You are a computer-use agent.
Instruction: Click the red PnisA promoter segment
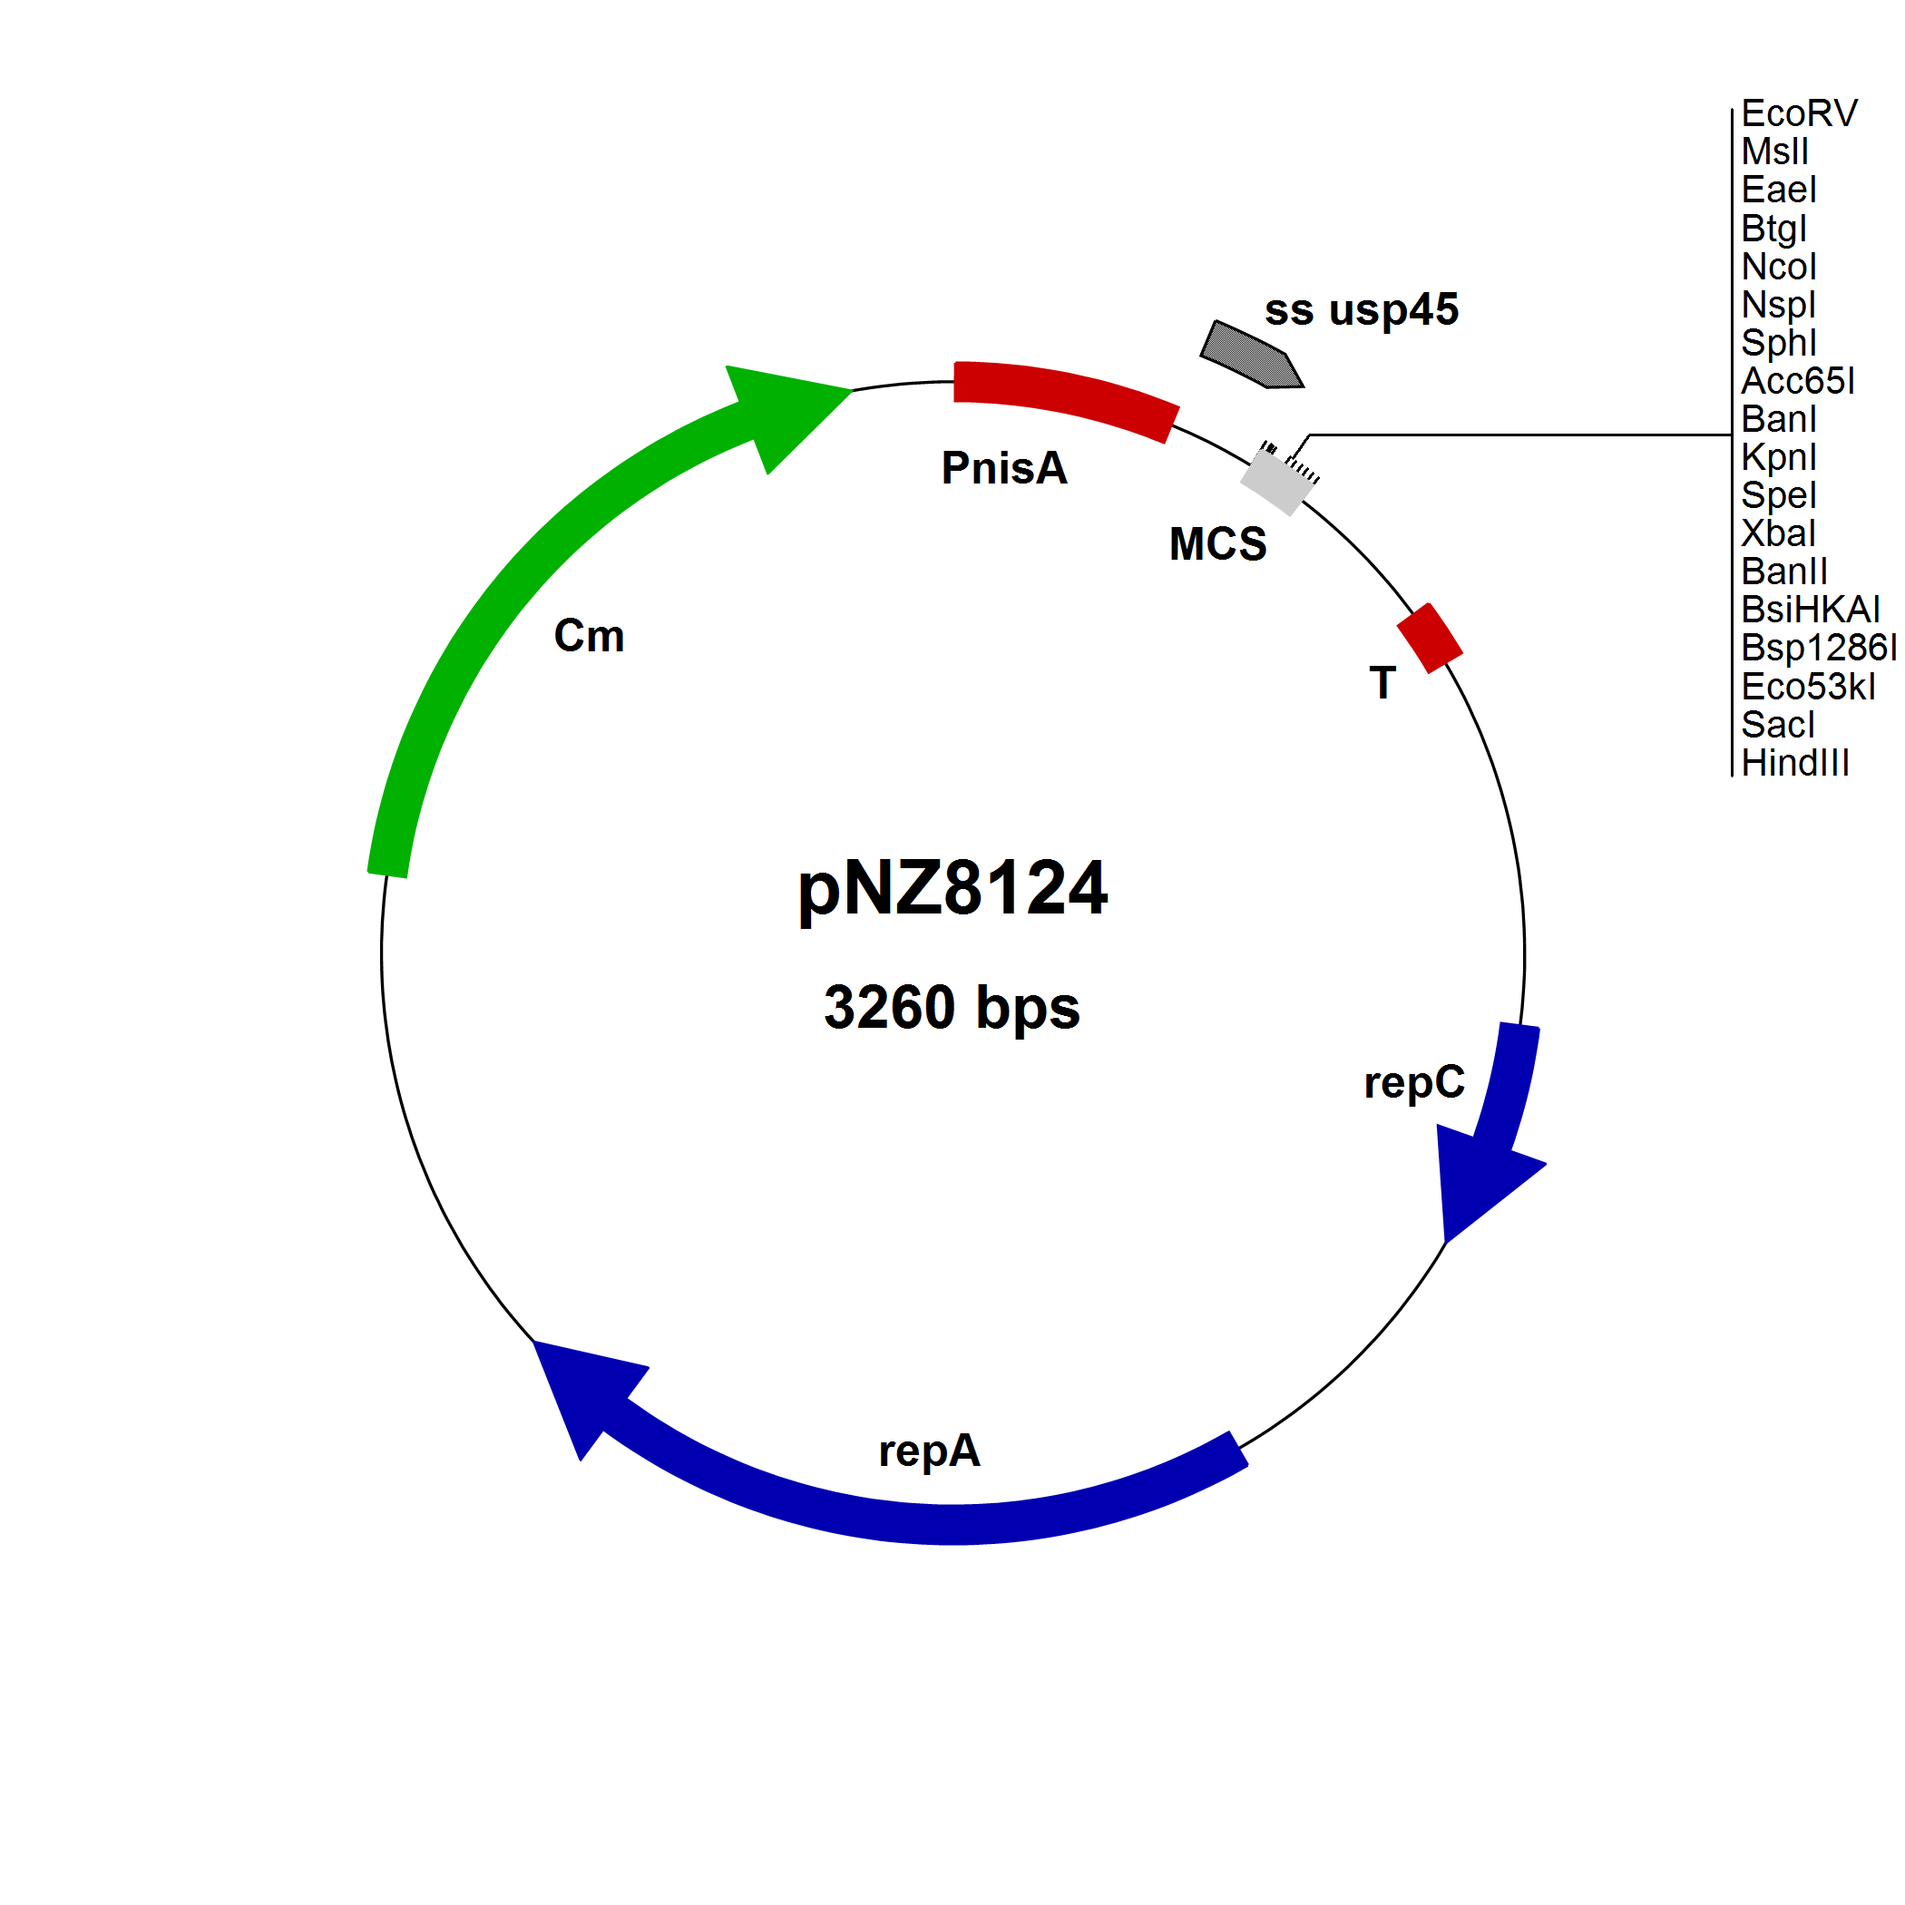[x=1065, y=398]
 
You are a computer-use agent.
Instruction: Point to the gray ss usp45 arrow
[x=1251, y=355]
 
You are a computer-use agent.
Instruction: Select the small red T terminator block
[x=1430, y=638]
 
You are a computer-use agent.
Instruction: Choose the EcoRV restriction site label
[x=1799, y=113]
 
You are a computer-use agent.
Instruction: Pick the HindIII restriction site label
[x=1794, y=763]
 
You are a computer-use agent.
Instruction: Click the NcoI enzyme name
[x=1778, y=266]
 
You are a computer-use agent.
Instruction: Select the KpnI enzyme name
[x=1778, y=457]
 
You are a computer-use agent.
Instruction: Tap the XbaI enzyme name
[x=1778, y=533]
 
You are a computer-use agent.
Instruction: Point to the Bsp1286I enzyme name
[x=1818, y=648]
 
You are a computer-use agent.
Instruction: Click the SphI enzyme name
[x=1778, y=343]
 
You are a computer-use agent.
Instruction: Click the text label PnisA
[x=1004, y=467]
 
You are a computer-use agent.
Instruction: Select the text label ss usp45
[x=1361, y=310]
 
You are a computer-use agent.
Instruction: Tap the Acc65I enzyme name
[x=1798, y=381]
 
